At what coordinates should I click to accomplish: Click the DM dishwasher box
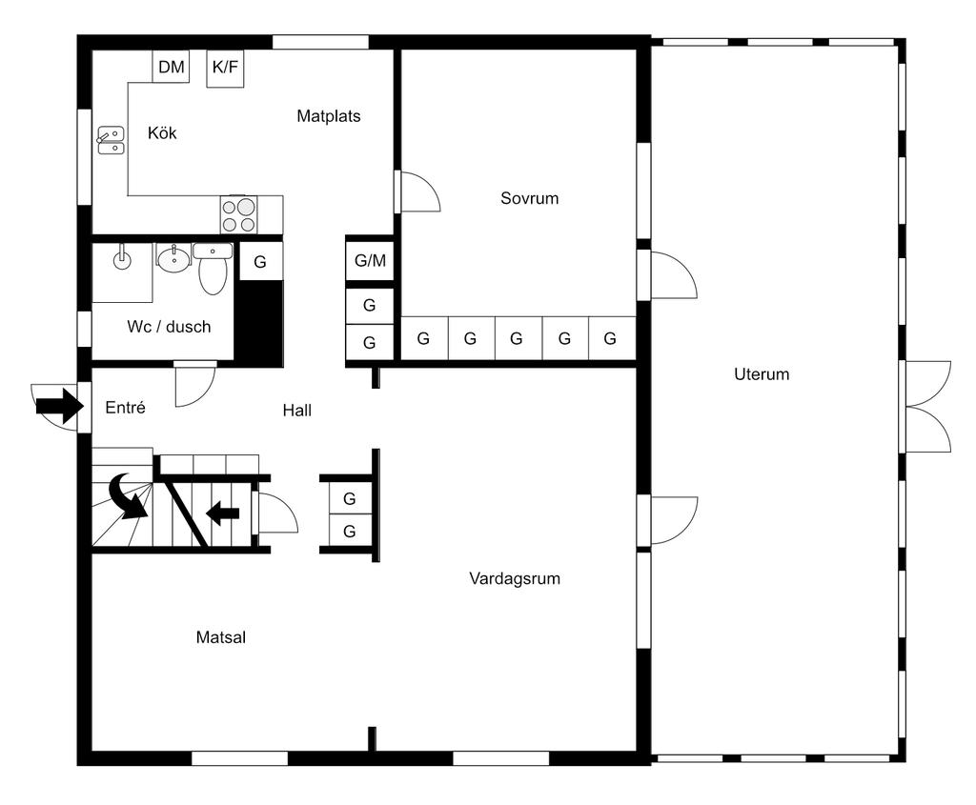pos(172,66)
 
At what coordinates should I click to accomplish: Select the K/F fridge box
pos(225,68)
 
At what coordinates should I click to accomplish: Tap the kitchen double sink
pos(111,140)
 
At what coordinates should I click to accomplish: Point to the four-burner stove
pos(238,215)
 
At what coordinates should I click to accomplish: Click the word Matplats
pos(329,115)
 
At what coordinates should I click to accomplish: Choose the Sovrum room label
pos(530,198)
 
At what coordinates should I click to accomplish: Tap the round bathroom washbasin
pos(173,260)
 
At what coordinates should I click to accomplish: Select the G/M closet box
pos(370,261)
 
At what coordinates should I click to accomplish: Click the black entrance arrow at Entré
pos(60,406)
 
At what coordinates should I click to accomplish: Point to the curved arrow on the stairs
pos(129,495)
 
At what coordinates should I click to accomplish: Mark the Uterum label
pos(762,373)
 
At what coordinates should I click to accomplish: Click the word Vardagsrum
pos(515,578)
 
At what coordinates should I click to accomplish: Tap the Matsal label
pos(221,637)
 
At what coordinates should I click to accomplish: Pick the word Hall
pos(297,410)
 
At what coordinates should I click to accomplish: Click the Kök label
pos(162,132)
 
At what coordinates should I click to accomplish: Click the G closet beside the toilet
pos(260,262)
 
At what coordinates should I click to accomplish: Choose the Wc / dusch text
pos(169,327)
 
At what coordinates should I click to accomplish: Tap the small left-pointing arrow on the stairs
pos(222,513)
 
